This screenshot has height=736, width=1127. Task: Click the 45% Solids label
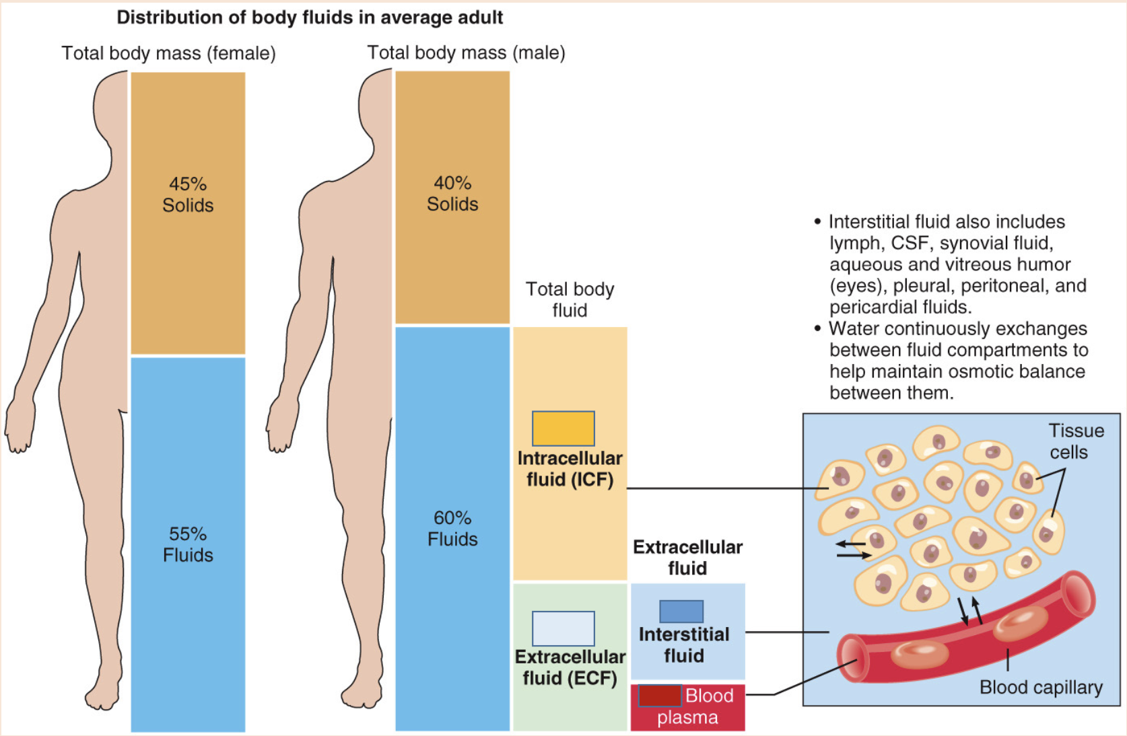(188, 194)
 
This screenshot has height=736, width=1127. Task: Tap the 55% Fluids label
(188, 544)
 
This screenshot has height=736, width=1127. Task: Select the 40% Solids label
(452, 194)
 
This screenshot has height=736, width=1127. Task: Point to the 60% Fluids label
(452, 528)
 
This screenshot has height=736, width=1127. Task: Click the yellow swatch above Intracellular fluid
(563, 429)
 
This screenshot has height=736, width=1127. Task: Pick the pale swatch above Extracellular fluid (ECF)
(563, 628)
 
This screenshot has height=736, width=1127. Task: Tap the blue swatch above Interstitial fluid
(681, 612)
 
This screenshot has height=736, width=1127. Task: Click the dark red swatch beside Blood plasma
(659, 696)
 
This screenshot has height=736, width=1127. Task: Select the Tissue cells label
(1075, 441)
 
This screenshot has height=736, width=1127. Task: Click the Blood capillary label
(1041, 687)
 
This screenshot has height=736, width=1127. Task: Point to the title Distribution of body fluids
(310, 17)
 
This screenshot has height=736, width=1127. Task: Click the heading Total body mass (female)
(168, 53)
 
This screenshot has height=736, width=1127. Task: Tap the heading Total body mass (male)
(466, 52)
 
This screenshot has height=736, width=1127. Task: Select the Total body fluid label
(570, 299)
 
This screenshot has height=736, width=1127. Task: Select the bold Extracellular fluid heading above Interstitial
(687, 557)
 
